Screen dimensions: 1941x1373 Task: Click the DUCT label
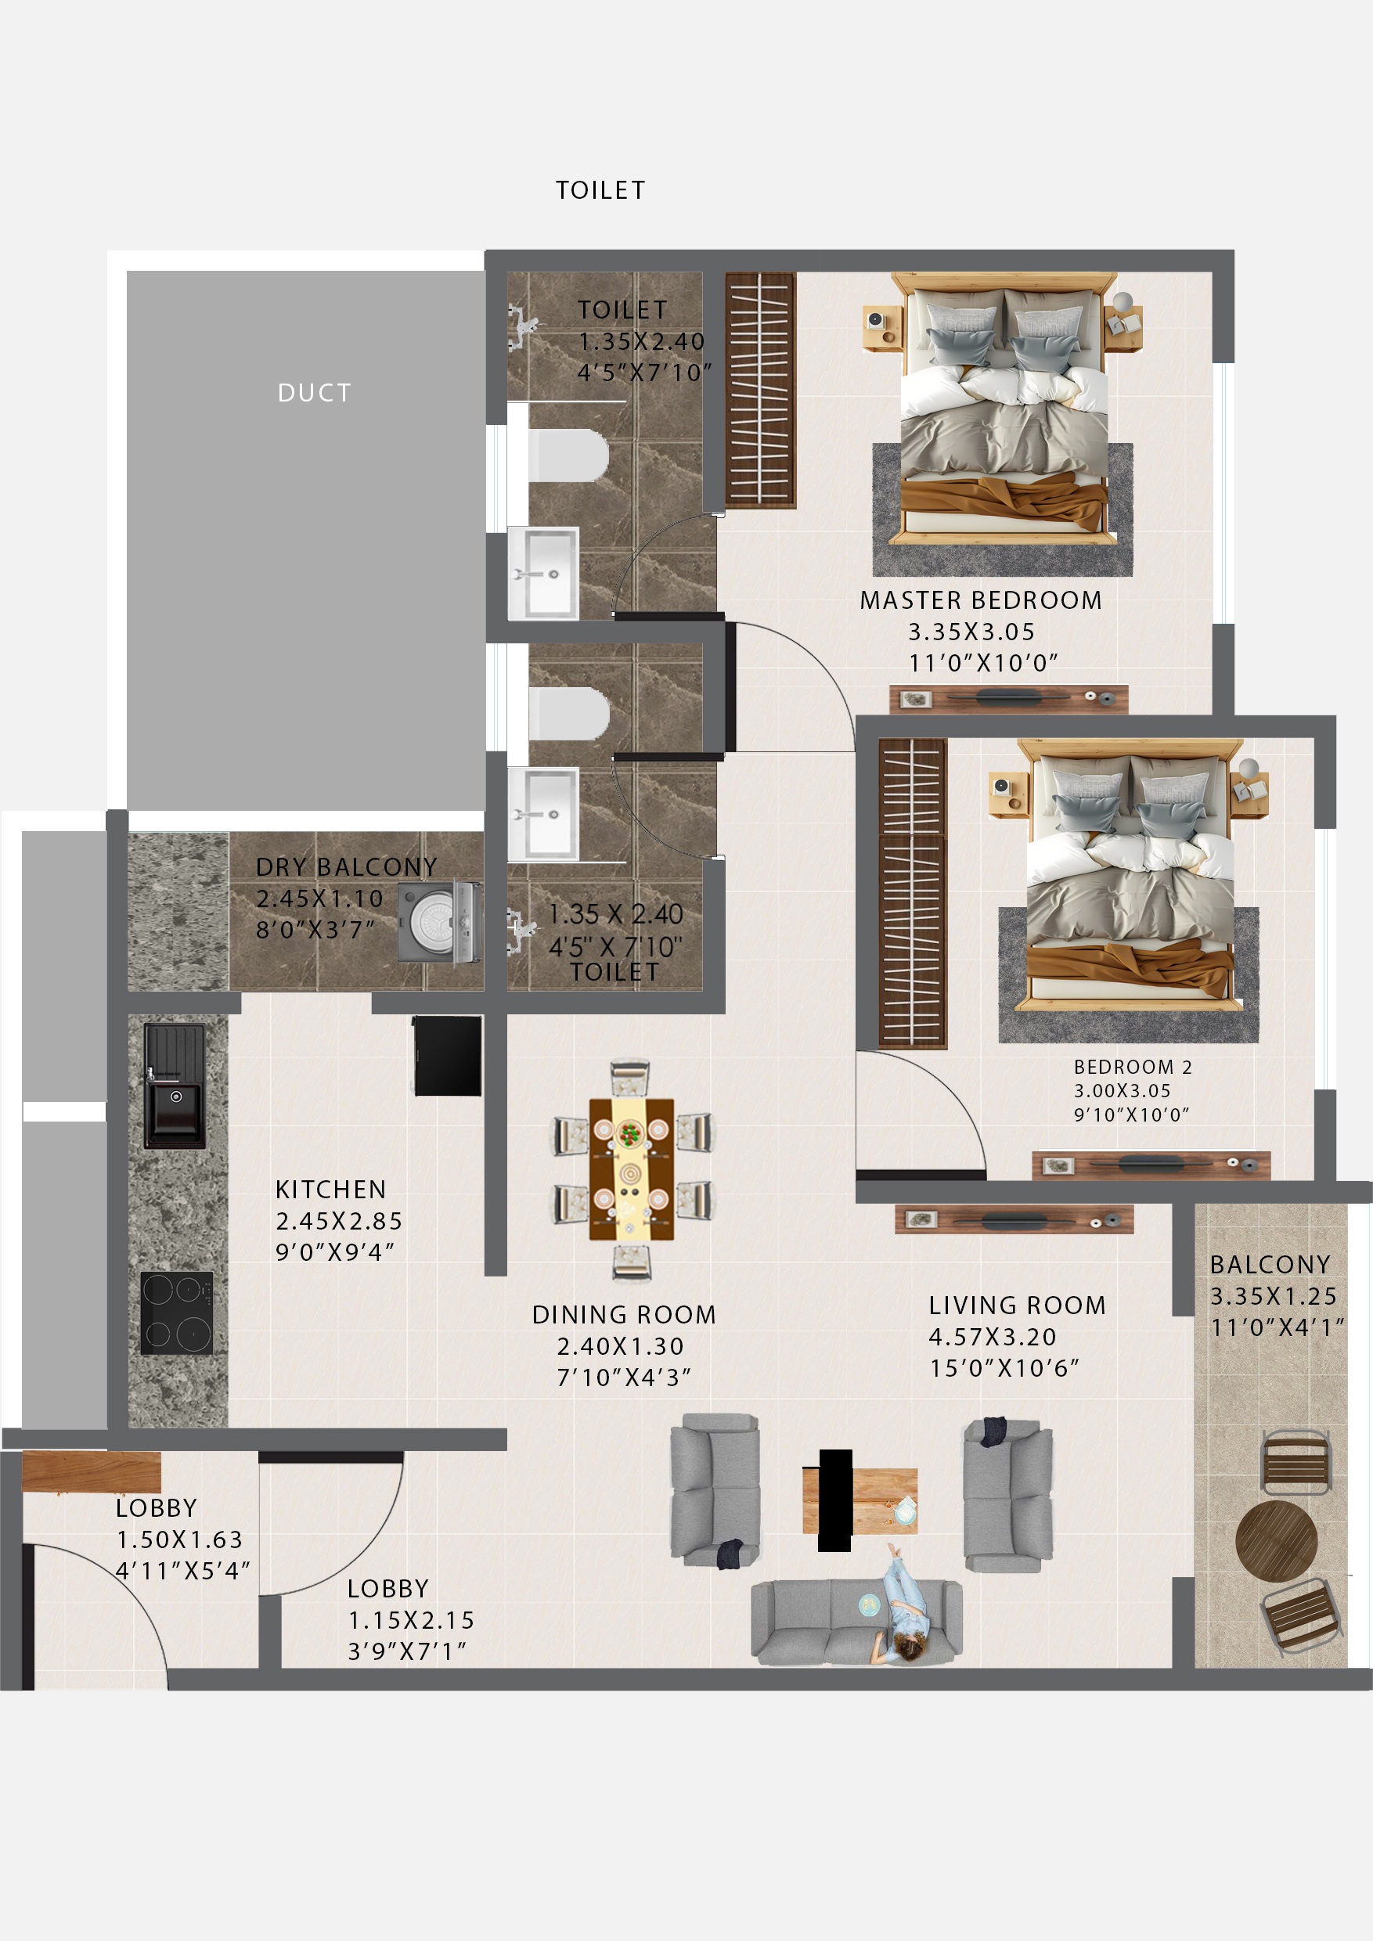tap(314, 392)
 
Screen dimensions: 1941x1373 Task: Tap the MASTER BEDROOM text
tap(981, 600)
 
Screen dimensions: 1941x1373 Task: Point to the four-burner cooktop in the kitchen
tap(177, 1312)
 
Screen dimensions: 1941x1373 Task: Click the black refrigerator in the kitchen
tap(447, 1055)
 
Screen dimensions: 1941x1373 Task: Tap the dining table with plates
tap(631, 1169)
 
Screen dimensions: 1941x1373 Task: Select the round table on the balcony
tap(1276, 1541)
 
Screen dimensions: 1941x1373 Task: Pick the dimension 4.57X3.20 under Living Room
tap(993, 1337)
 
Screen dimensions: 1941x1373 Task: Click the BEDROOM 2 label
tap(1132, 1067)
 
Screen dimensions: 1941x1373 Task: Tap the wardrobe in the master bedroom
tap(759, 390)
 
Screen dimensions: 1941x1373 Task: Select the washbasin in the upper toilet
tap(543, 572)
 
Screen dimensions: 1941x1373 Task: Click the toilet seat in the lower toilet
tap(568, 713)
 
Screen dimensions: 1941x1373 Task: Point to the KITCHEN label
tap(330, 1190)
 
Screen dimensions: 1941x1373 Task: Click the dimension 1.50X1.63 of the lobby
tap(179, 1539)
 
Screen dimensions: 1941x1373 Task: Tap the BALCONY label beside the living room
tap(1270, 1265)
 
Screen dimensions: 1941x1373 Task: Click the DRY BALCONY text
tap(346, 866)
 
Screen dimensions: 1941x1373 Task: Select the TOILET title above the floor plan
tap(600, 190)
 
